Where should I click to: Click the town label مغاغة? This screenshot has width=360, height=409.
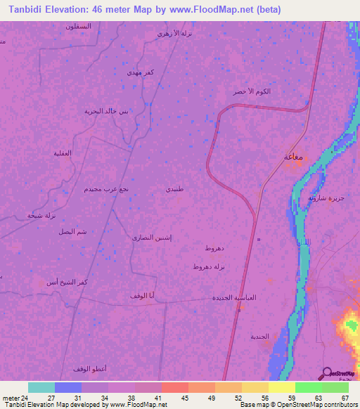coord(293,157)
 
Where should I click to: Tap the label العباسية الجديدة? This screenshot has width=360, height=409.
coord(234,298)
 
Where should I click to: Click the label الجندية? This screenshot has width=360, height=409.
coord(260,337)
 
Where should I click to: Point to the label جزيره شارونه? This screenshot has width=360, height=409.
coord(326,198)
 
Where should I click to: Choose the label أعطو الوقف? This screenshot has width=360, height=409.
coord(89,368)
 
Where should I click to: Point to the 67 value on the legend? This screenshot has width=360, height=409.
coord(345,397)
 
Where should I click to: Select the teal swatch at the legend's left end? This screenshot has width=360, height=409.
coord(41,387)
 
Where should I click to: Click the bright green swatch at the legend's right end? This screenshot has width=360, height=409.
coord(335,387)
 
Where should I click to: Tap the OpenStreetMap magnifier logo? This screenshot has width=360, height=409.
coord(326,373)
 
